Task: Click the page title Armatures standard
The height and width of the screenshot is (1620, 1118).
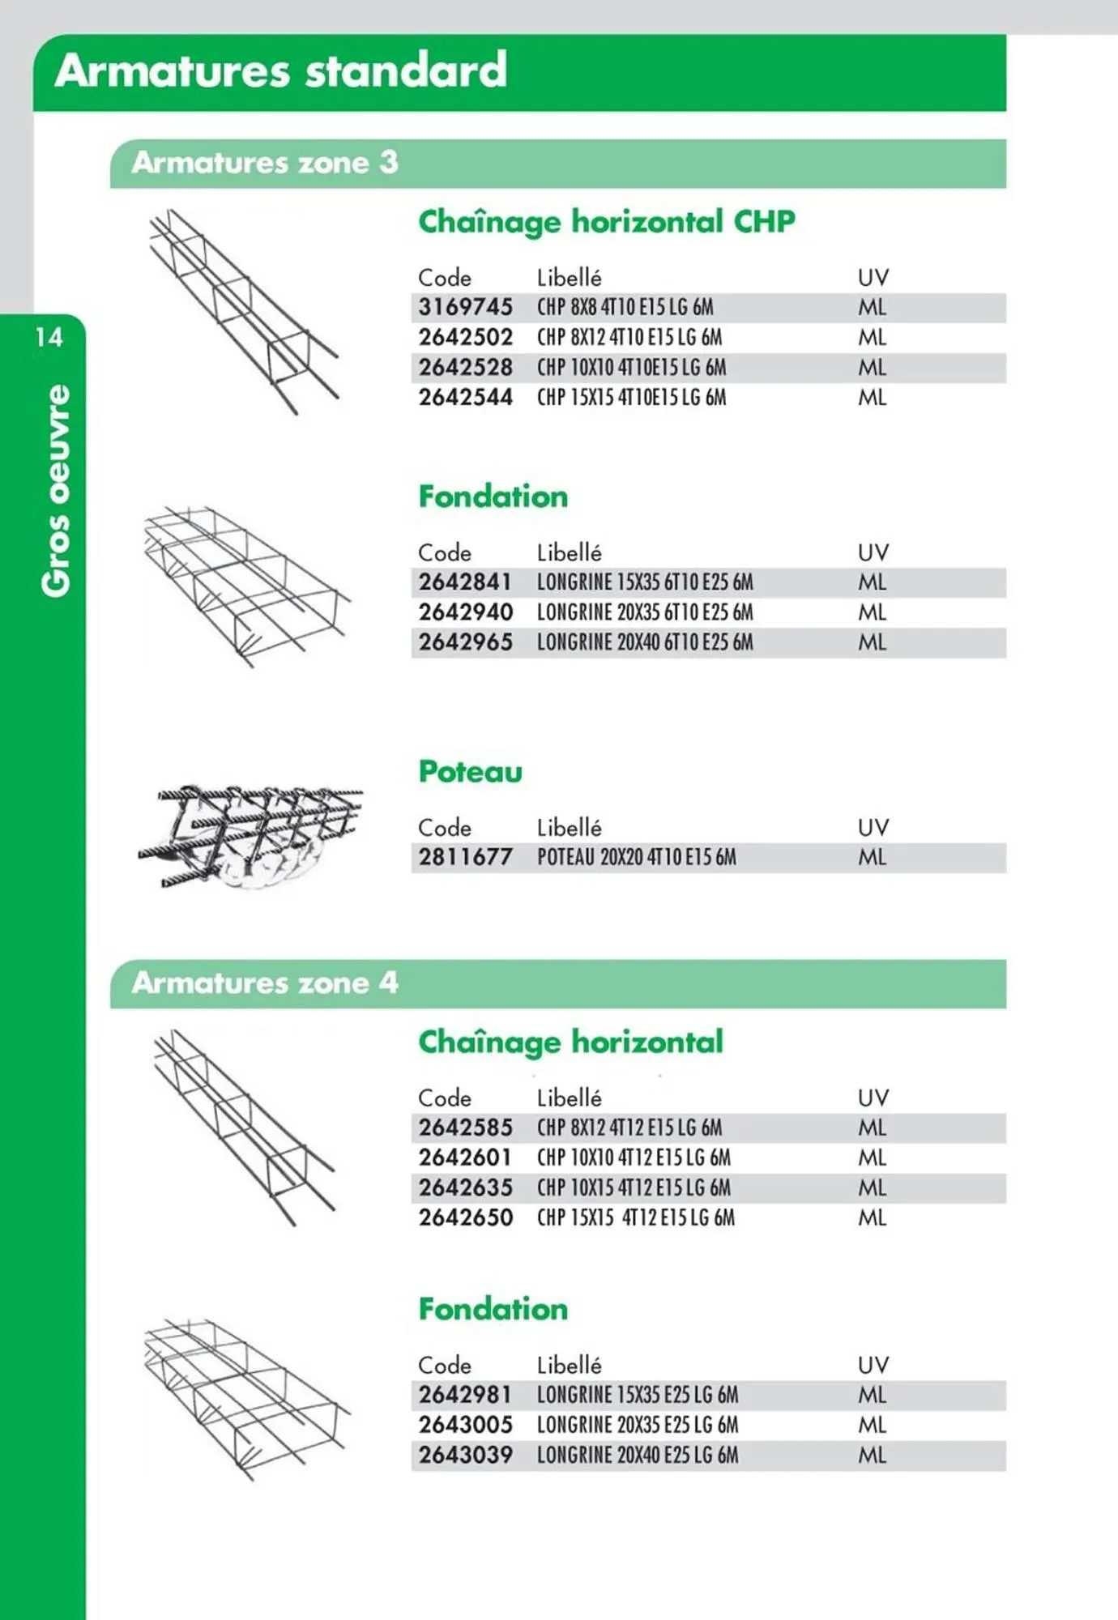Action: (x=281, y=70)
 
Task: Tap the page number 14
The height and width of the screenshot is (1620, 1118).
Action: (x=49, y=337)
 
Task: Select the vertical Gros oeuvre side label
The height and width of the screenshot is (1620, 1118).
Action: (x=57, y=491)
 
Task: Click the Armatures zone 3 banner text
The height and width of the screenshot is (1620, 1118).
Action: (x=265, y=163)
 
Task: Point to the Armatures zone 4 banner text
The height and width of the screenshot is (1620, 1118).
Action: (x=265, y=983)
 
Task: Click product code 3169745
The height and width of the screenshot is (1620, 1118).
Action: (x=465, y=308)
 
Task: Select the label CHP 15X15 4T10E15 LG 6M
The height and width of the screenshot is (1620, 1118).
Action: (x=631, y=398)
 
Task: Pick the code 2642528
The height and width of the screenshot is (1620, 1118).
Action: (x=465, y=368)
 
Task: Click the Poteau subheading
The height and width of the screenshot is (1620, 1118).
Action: (x=470, y=772)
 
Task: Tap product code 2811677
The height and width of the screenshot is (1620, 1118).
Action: (x=465, y=857)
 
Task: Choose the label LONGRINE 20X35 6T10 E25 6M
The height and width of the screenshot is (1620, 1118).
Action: (x=644, y=612)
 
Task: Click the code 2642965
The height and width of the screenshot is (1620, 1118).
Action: (x=465, y=642)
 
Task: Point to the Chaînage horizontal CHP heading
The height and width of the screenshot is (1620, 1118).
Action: (x=606, y=222)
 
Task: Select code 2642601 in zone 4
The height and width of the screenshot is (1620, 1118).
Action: (x=465, y=1157)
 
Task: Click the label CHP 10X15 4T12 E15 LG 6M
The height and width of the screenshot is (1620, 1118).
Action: (x=634, y=1188)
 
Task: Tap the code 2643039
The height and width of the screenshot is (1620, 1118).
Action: (x=465, y=1456)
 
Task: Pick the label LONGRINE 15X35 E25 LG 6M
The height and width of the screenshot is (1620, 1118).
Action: (x=637, y=1396)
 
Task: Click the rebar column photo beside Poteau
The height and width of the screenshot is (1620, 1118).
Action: (x=251, y=834)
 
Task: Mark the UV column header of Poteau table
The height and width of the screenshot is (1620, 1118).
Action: (x=873, y=828)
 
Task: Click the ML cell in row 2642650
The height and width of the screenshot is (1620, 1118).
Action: (x=873, y=1218)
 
